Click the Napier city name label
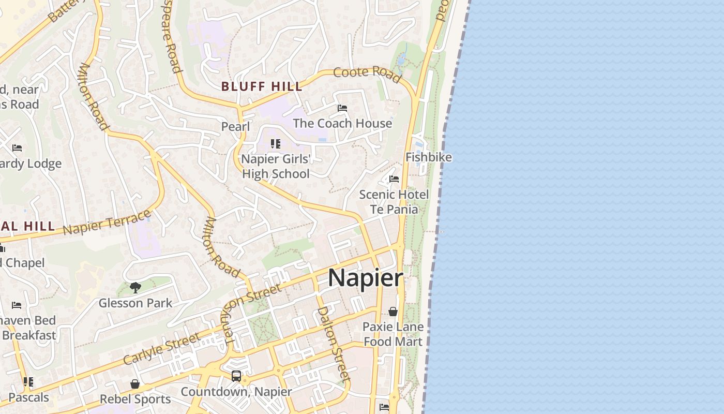click(366, 278)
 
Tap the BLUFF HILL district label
click(262, 86)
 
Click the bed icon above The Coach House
click(342, 108)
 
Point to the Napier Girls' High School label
click(276, 166)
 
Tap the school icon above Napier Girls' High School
click(276, 144)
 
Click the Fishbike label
click(428, 157)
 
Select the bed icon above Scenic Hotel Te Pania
click(394, 179)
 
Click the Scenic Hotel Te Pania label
click(394, 202)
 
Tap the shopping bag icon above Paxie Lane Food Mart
click(393, 312)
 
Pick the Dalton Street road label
click(334, 344)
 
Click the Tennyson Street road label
click(251, 314)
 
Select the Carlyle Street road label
click(161, 349)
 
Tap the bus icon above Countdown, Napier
click(236, 376)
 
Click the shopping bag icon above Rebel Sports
click(135, 384)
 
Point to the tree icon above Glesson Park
click(135, 287)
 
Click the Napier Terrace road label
click(107, 223)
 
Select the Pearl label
click(235, 127)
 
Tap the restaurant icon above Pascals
click(28, 382)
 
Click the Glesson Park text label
click(135, 303)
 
